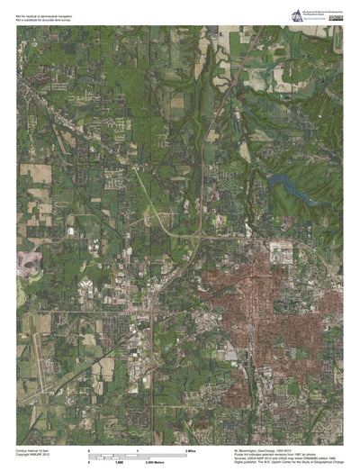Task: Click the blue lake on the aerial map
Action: pyautogui.click(x=286, y=187)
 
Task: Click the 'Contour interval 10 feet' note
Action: pyautogui.click(x=36, y=446)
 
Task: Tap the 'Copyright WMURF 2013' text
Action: pyautogui.click(x=34, y=451)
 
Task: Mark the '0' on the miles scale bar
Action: pyautogui.click(x=88, y=448)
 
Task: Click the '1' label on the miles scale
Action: pyautogui.click(x=137, y=448)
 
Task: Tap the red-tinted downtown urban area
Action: pyautogui.click(x=270, y=297)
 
